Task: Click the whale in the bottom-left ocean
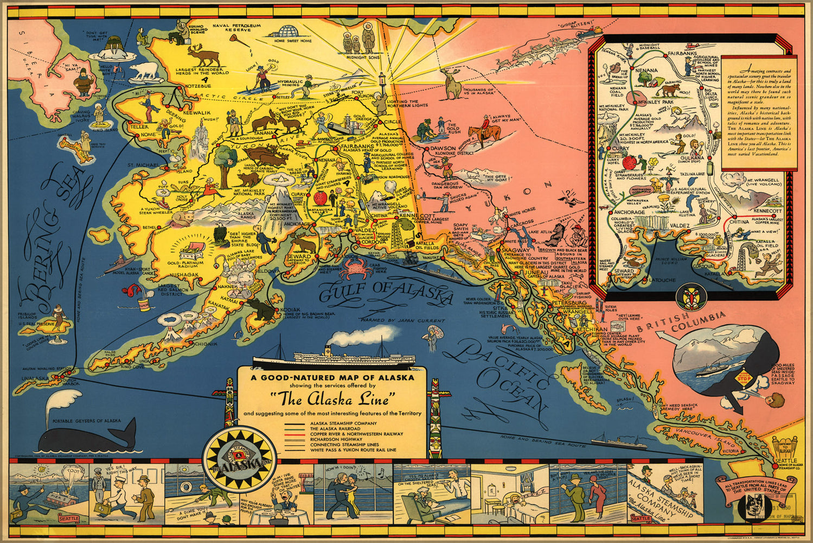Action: click(x=89, y=434)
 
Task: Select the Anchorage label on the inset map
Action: click(x=614, y=212)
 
